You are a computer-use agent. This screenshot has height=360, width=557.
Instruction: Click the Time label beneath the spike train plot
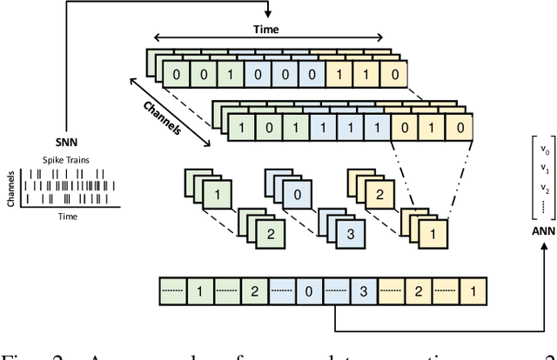(x=57, y=212)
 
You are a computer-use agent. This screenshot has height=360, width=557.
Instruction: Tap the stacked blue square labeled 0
(x=298, y=195)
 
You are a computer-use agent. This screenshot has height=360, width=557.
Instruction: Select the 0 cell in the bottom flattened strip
(x=308, y=290)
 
